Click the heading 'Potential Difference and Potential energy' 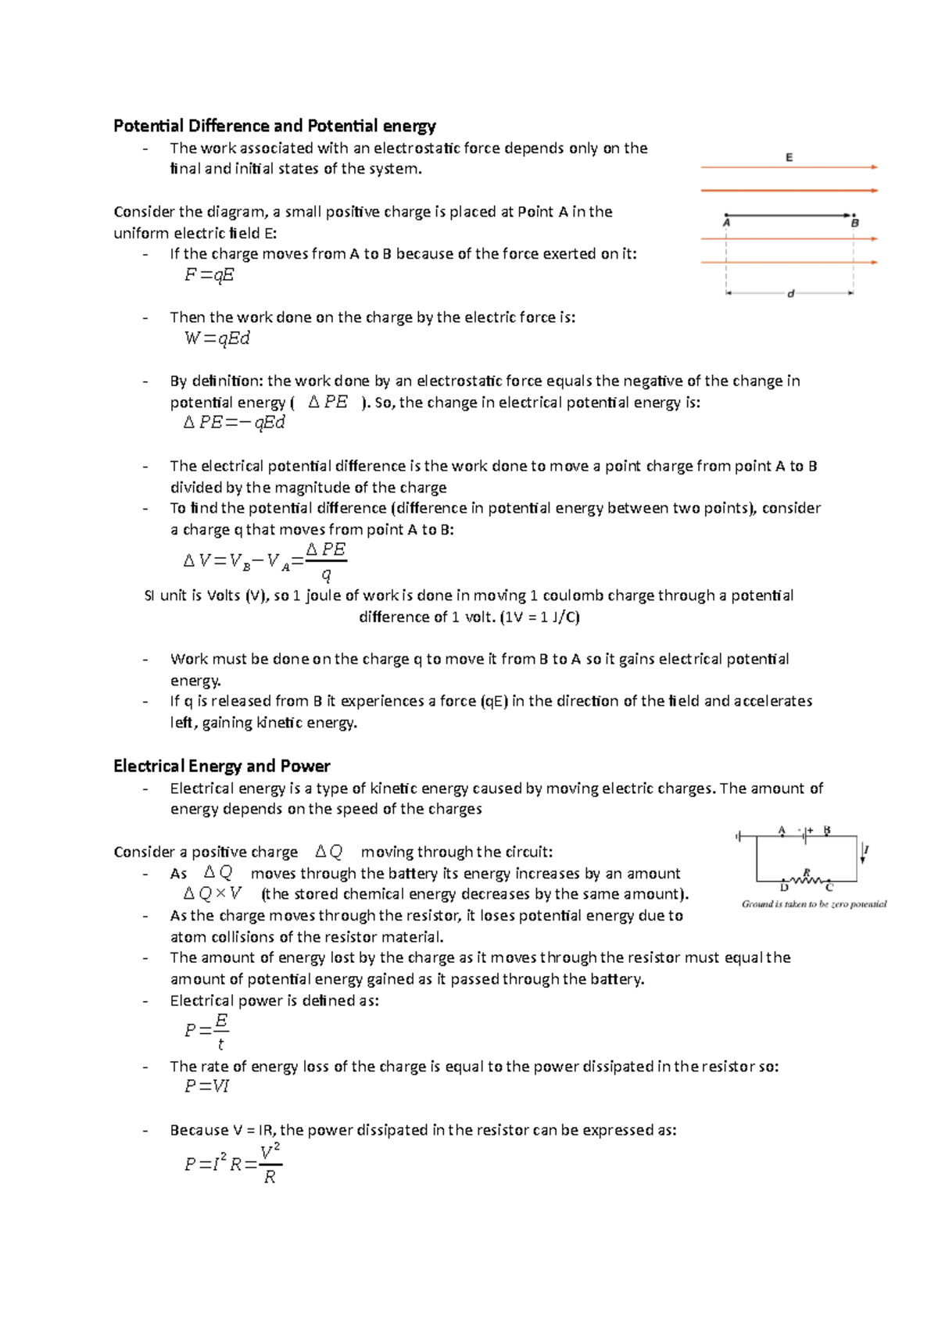pos(274,126)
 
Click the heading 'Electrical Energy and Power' pos(221,766)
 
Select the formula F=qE pos(209,275)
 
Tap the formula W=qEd pos(217,338)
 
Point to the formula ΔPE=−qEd pos(234,423)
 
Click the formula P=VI pos(206,1086)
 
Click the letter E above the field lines pos(789,158)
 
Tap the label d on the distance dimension pos(790,294)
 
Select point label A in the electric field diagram pos(726,224)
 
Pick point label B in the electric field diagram pos(854,224)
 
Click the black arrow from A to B pos(789,215)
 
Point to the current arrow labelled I pos(864,853)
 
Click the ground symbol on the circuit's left pos(738,837)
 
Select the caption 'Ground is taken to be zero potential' pos(814,904)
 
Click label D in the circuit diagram pos(784,888)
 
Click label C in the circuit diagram pos(829,888)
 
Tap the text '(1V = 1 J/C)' pos(540,617)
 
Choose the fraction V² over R pos(270,1164)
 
